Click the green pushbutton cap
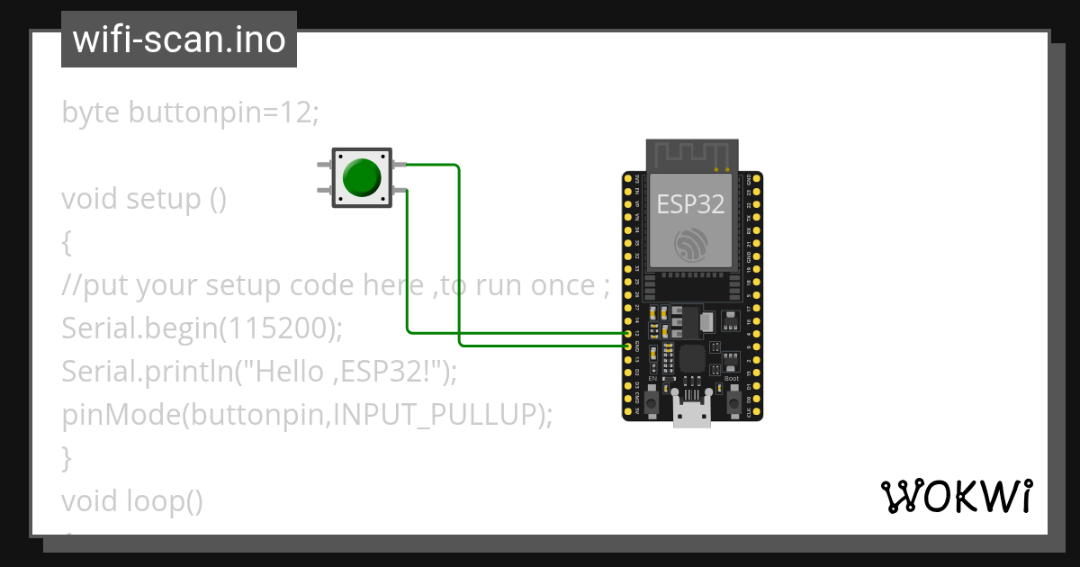(x=362, y=177)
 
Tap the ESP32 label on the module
(x=690, y=203)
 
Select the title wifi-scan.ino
(x=179, y=40)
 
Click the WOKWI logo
(x=956, y=497)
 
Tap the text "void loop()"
(x=132, y=500)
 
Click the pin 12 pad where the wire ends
(x=627, y=333)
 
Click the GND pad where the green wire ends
(x=627, y=345)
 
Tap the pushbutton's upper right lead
(x=399, y=165)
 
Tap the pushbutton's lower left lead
(x=324, y=190)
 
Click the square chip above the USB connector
(x=691, y=358)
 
